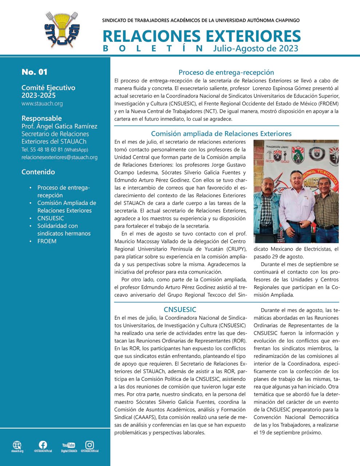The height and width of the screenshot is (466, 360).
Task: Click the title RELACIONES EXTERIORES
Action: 201,36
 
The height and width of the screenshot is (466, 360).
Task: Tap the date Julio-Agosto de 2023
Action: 256,48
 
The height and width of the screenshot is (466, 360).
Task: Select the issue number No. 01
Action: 35,72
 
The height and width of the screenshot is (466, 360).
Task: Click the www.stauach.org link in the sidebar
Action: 42,104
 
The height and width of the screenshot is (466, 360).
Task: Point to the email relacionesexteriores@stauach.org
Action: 59,157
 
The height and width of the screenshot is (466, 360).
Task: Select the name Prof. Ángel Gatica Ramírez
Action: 59,126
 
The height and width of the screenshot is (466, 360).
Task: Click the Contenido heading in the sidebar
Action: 38,172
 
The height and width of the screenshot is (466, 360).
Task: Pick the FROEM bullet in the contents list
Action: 47,241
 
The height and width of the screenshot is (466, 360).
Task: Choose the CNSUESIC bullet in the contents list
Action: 51,218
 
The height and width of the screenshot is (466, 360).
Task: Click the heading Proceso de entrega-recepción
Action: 226,72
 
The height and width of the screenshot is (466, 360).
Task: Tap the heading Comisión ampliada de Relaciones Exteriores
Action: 221,134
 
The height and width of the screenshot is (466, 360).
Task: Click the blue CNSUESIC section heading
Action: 180,310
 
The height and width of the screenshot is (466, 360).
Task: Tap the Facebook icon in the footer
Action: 43,445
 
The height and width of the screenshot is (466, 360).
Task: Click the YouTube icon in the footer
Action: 68,445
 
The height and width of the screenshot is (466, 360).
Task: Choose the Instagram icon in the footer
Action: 89,445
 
